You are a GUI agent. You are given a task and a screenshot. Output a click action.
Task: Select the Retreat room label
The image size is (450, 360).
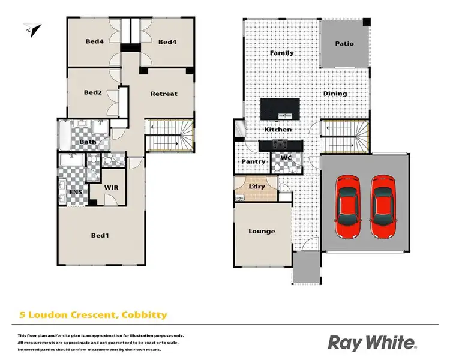(x=164, y=94)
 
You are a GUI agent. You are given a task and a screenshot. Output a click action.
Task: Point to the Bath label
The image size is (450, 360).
(x=88, y=142)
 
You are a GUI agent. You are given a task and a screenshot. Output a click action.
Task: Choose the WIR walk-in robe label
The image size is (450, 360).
(x=110, y=188)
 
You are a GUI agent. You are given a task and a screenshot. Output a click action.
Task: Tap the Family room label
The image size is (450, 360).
(x=281, y=53)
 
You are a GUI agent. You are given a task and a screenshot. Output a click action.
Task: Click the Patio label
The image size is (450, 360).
(x=344, y=44)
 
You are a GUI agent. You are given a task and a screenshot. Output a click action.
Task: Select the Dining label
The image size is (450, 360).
(x=335, y=94)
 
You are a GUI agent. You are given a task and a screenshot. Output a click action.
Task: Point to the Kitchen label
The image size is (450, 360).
(x=278, y=130)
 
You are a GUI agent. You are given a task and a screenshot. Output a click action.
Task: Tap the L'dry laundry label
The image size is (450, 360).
(x=256, y=187)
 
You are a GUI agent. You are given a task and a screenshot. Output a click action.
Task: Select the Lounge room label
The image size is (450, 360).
(x=262, y=231)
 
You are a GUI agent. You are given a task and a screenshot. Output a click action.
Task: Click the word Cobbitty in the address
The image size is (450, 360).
(x=145, y=314)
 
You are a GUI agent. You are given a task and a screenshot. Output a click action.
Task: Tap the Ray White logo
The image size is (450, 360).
(x=371, y=343)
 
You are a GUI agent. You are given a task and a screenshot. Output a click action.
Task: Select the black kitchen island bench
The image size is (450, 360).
(x=279, y=108)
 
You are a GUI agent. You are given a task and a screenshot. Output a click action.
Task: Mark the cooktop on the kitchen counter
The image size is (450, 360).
(x=279, y=145)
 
